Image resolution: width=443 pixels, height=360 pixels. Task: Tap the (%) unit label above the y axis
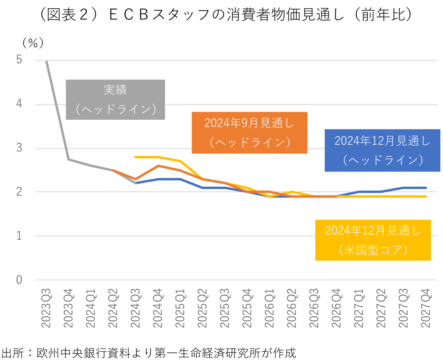(x=33, y=43)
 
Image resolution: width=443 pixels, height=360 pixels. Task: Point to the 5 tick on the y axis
(x=19, y=60)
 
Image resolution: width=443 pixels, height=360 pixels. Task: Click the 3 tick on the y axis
(x=19, y=148)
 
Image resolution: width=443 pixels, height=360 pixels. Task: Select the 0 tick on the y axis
(x=19, y=280)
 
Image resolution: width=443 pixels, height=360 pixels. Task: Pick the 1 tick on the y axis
(x=19, y=236)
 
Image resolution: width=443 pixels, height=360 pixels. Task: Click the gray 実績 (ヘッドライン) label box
(x=115, y=100)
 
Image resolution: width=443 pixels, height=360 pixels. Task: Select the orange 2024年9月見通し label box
(x=249, y=132)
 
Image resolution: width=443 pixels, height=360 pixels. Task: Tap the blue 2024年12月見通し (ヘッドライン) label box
(x=382, y=150)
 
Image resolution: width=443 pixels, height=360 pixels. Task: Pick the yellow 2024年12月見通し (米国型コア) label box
(x=373, y=240)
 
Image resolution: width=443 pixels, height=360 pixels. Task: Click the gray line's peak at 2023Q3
(x=47, y=62)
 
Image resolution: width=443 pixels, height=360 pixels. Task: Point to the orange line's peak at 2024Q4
(x=158, y=165)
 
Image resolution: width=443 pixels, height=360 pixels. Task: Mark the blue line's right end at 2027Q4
(x=426, y=188)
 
